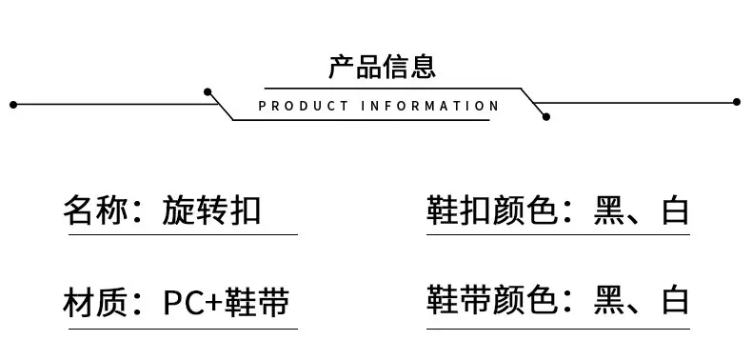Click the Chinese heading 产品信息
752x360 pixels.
pos(383,67)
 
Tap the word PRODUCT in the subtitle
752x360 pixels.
pos(304,106)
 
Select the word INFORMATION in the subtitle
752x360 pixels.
pos(429,106)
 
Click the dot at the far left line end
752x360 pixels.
pos(13,104)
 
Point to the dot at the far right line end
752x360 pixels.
pos(737,102)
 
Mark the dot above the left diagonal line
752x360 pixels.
pos(208,91)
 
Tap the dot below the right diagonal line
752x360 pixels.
pos(545,116)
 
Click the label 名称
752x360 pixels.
pos(95,210)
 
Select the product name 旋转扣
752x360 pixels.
pos(211,210)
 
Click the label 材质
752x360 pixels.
pos(95,303)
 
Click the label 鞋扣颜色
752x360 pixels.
pos(491,210)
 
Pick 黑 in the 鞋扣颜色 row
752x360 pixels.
pos(608,210)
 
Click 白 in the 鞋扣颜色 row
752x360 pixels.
pos(675,210)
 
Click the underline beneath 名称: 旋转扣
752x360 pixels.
pos(183,234)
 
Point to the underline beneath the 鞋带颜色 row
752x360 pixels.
pos(558,329)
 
